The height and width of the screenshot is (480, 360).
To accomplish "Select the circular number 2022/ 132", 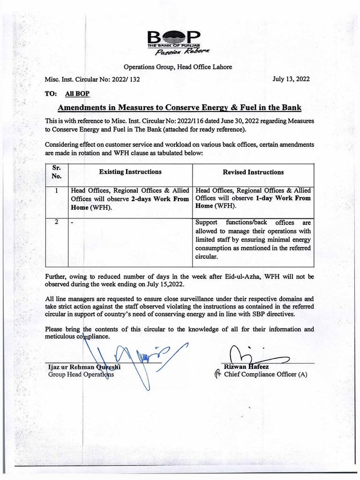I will pyautogui.click(x=125, y=80).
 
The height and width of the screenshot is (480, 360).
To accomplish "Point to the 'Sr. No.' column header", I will pyautogui.click(x=56, y=172).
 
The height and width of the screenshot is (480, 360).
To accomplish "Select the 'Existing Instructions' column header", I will pyautogui.click(x=130, y=172).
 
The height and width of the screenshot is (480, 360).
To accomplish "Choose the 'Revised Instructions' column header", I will pyautogui.click(x=253, y=172).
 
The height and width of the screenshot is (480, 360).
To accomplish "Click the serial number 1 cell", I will pyautogui.click(x=56, y=191).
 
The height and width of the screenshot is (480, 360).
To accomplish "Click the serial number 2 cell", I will pyautogui.click(x=56, y=222).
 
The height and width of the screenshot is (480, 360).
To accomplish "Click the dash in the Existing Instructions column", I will pyautogui.click(x=72, y=223).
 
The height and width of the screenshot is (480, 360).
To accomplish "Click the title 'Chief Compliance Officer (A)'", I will pyautogui.click(x=265, y=375).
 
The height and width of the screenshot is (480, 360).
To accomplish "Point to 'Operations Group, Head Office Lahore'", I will pyautogui.click(x=178, y=67).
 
